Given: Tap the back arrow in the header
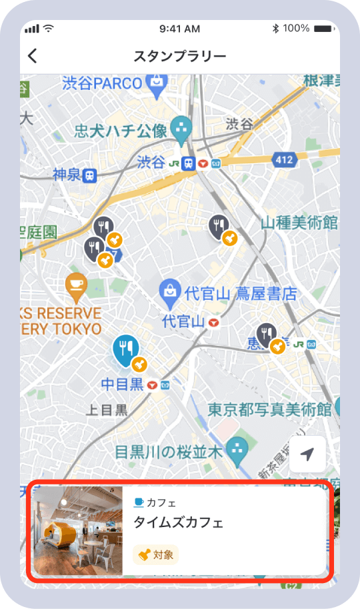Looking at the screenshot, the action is [x=32, y=56].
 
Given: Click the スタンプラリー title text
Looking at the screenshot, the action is [x=180, y=56].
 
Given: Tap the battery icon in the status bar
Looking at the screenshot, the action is [x=325, y=29].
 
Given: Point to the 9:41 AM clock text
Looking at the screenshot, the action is [x=180, y=29].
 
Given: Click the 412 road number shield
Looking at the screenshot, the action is [x=283, y=159].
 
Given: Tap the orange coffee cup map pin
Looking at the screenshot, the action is [x=77, y=285].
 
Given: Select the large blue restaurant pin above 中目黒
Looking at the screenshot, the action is [x=125, y=349].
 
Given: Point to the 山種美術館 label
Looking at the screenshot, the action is [x=299, y=222].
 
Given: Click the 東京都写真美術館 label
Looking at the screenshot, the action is [x=269, y=408].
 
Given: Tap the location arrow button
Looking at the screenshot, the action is [x=307, y=454].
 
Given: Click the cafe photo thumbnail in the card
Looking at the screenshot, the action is [x=77, y=531].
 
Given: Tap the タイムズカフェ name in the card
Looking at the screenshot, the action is [x=178, y=522].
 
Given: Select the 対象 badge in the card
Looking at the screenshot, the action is [x=155, y=554].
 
